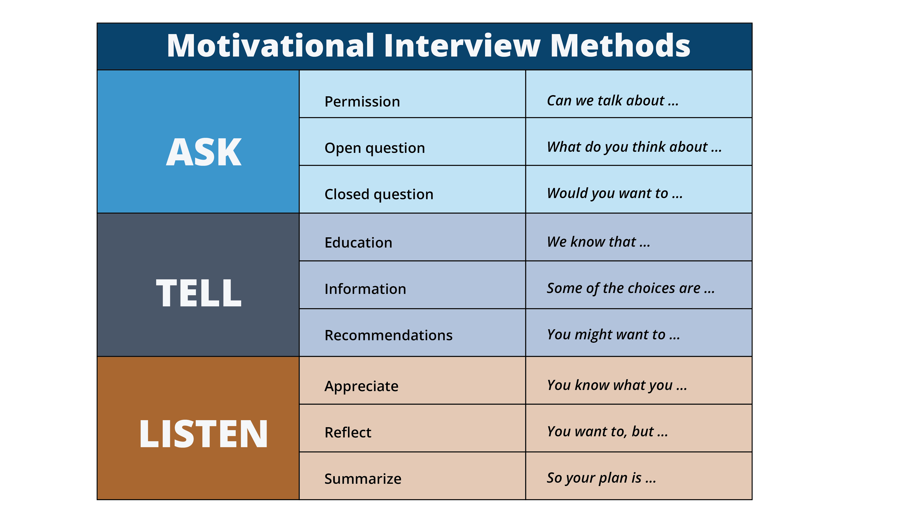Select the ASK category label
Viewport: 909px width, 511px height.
pos(204,152)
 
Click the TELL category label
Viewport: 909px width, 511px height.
pos(199,293)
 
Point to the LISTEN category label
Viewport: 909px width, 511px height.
pos(203,434)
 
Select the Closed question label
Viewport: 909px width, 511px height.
pos(379,194)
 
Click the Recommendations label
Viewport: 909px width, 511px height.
pos(388,335)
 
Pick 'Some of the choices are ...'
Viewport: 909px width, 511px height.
pos(631,288)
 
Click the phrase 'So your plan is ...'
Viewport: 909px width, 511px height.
pos(601,478)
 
